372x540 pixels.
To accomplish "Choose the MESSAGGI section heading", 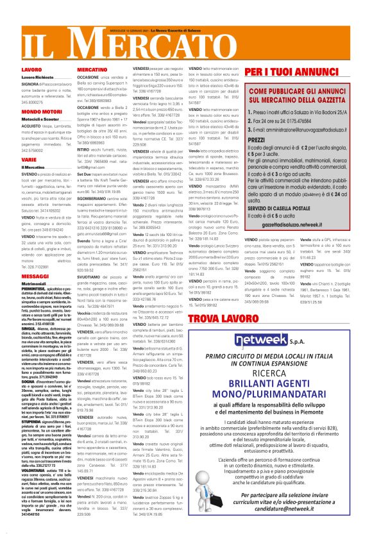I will coord(35,276).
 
